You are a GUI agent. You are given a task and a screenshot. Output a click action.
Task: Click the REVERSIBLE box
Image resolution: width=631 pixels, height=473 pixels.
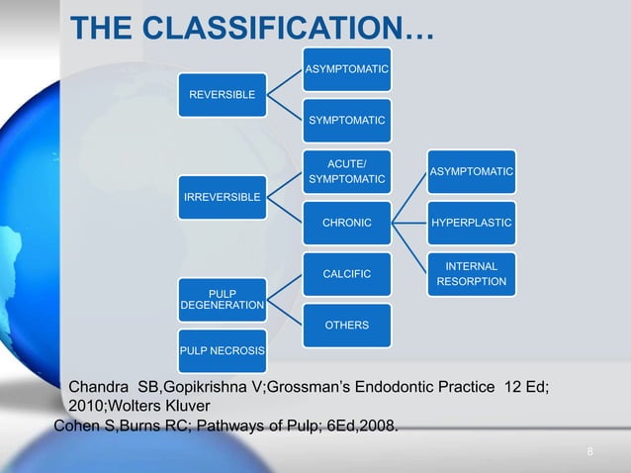point(222,95)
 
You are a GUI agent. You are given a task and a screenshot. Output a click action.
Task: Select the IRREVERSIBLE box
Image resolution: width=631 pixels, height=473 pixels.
point(222,198)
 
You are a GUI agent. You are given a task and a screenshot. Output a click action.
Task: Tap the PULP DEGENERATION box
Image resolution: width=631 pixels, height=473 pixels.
point(222,300)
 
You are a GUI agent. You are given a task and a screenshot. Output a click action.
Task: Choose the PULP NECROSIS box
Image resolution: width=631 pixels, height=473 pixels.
point(222,350)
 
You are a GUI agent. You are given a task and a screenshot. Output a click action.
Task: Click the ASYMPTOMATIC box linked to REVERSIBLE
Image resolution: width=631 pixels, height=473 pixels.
point(346,69)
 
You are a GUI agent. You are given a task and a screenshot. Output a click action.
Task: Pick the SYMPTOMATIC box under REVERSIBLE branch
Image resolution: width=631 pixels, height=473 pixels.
point(346,120)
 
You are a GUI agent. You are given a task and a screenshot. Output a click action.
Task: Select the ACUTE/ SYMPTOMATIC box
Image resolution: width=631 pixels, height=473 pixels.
point(346,171)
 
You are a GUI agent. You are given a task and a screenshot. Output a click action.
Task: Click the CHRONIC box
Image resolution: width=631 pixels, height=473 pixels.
point(346,224)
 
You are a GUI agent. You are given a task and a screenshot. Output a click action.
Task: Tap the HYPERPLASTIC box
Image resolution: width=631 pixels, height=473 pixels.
point(471,224)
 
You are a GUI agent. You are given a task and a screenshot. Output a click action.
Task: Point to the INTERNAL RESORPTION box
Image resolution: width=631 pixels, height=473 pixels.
point(471,274)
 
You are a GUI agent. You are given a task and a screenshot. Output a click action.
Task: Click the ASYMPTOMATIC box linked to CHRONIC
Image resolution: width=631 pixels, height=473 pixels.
point(471,172)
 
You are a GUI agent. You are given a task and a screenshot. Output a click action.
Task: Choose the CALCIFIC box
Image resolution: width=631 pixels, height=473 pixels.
point(346,274)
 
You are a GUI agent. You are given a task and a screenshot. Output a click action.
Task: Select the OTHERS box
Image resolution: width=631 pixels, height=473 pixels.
point(346,326)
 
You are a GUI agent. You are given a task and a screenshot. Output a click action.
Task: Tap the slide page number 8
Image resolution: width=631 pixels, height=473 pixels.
point(589,452)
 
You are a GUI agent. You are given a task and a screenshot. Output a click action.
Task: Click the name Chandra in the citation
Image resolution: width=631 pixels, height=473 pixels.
point(97,387)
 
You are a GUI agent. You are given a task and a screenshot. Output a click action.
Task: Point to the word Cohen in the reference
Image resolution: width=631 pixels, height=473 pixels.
point(76,426)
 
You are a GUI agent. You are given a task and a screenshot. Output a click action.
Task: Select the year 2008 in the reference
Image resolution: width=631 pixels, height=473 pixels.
point(378,426)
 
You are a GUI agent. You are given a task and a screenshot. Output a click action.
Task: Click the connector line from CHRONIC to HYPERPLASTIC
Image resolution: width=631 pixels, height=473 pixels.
point(409,224)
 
